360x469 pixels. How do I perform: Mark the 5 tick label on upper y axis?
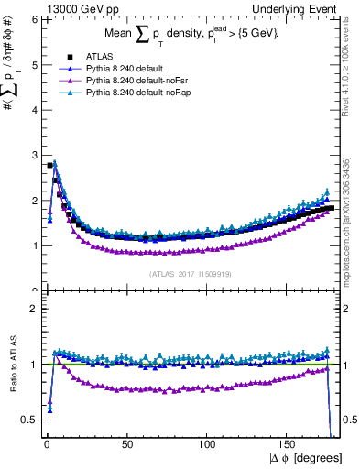(33, 65)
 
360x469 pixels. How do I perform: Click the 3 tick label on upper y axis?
(33, 156)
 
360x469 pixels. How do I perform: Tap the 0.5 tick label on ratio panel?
(29, 420)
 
